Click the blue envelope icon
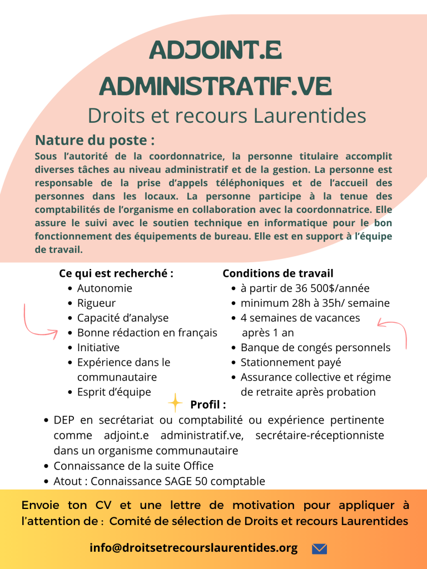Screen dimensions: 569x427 (319, 548)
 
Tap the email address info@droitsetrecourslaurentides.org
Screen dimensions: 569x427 (193, 548)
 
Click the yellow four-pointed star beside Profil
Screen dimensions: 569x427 (175, 402)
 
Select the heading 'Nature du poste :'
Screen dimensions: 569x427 (95, 139)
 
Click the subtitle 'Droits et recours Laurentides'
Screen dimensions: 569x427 (227, 116)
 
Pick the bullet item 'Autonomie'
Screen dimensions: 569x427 (105, 288)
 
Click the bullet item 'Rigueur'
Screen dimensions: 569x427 (96, 303)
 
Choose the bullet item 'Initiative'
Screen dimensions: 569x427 (98, 348)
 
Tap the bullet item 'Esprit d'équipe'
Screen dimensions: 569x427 (114, 392)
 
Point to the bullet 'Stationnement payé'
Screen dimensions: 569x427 (291, 363)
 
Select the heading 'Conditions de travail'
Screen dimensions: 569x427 (278, 273)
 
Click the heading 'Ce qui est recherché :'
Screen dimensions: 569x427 (116, 273)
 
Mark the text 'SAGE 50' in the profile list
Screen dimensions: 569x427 (186, 481)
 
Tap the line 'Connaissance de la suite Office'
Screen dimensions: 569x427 (133, 466)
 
